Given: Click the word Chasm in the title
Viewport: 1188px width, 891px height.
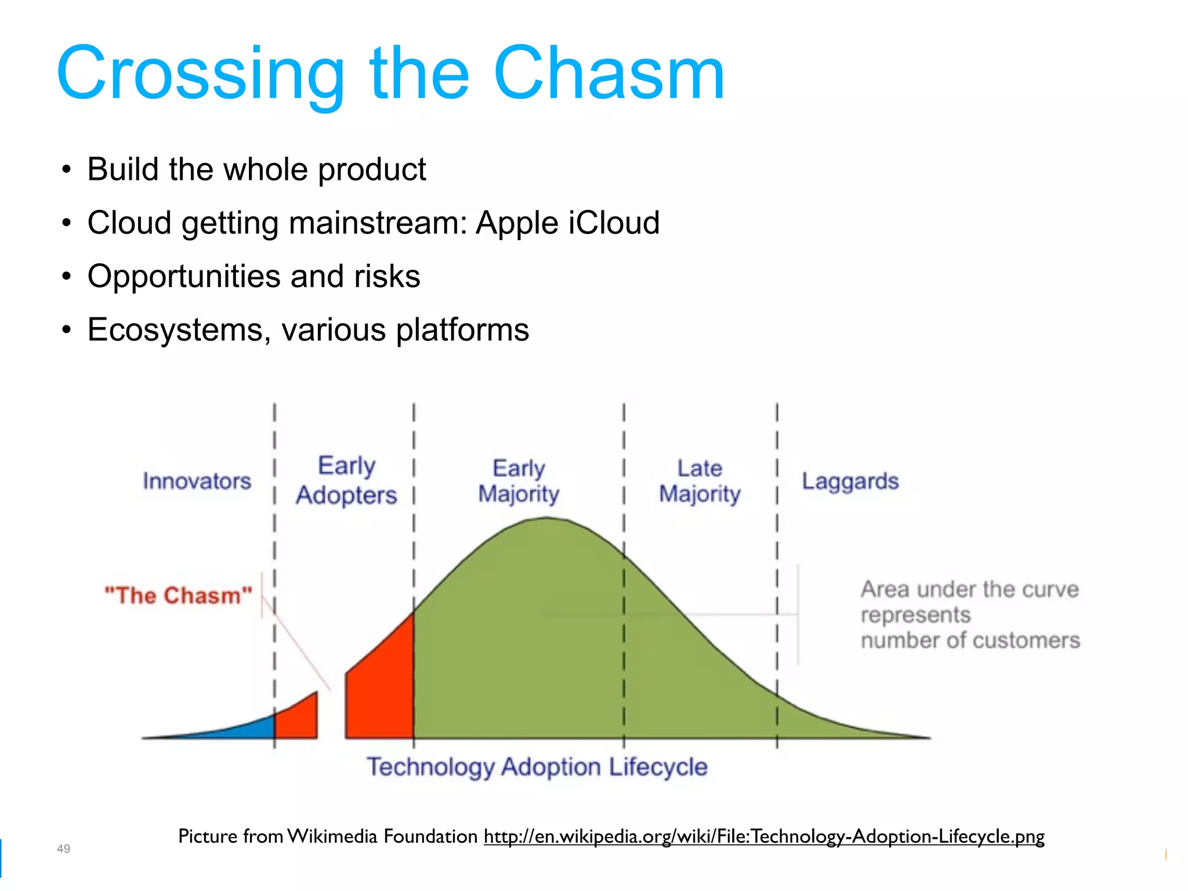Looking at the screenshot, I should coord(609,74).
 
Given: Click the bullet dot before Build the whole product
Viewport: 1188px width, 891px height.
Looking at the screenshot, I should coord(67,170).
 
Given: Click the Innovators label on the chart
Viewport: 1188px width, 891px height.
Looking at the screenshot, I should coord(197,481).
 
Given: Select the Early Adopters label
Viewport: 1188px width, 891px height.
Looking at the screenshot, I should coord(346,481).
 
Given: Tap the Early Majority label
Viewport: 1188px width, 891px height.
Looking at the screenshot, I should coord(519,481).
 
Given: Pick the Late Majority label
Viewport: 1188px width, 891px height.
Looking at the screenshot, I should coord(700,481).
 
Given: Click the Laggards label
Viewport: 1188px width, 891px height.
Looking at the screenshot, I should coord(850,481).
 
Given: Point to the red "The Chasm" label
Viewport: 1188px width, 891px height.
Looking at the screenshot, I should coord(179,596).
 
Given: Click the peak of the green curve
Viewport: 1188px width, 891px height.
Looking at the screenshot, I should coord(545,520).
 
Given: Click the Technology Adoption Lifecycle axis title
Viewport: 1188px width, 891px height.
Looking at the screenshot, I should coord(537,767).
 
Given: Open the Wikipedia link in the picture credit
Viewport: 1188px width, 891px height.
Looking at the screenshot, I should coord(763,836).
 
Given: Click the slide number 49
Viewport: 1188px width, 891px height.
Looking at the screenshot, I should coord(63,849).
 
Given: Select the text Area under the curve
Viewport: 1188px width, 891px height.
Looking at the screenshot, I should coord(969,590).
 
